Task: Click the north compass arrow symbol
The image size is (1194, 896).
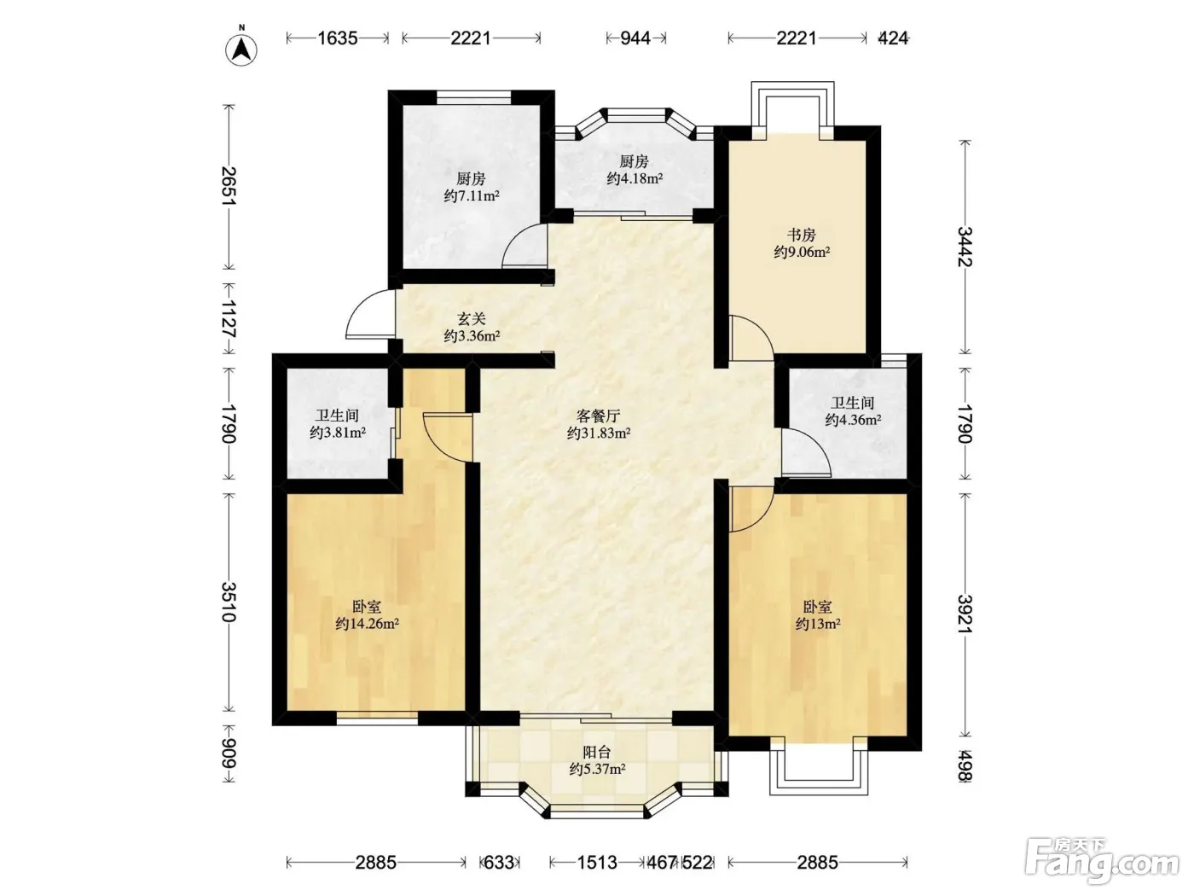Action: click(241, 50)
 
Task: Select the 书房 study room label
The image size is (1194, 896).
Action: click(802, 235)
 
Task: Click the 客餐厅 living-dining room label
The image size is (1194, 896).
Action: click(599, 416)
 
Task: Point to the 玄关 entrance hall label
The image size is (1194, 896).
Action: click(471, 319)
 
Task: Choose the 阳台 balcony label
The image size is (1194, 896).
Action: click(597, 752)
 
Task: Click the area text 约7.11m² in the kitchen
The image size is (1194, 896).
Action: click(472, 196)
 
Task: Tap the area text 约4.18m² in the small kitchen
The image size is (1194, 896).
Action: click(635, 178)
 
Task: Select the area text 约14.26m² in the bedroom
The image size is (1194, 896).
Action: click(368, 624)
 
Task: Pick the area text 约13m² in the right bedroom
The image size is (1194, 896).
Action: click(818, 624)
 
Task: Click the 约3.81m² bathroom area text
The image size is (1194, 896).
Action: click(337, 433)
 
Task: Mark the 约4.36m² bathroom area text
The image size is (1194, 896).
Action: click(853, 420)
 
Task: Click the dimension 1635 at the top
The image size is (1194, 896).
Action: click(337, 38)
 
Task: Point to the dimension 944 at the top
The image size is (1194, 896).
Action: click(636, 38)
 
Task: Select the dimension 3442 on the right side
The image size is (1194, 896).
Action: click(965, 247)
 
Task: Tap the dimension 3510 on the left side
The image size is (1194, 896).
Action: click(229, 602)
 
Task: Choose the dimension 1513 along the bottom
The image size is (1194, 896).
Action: click(597, 862)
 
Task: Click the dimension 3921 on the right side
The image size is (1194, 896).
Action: click(965, 614)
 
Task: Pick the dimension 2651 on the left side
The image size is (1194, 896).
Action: click(229, 186)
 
